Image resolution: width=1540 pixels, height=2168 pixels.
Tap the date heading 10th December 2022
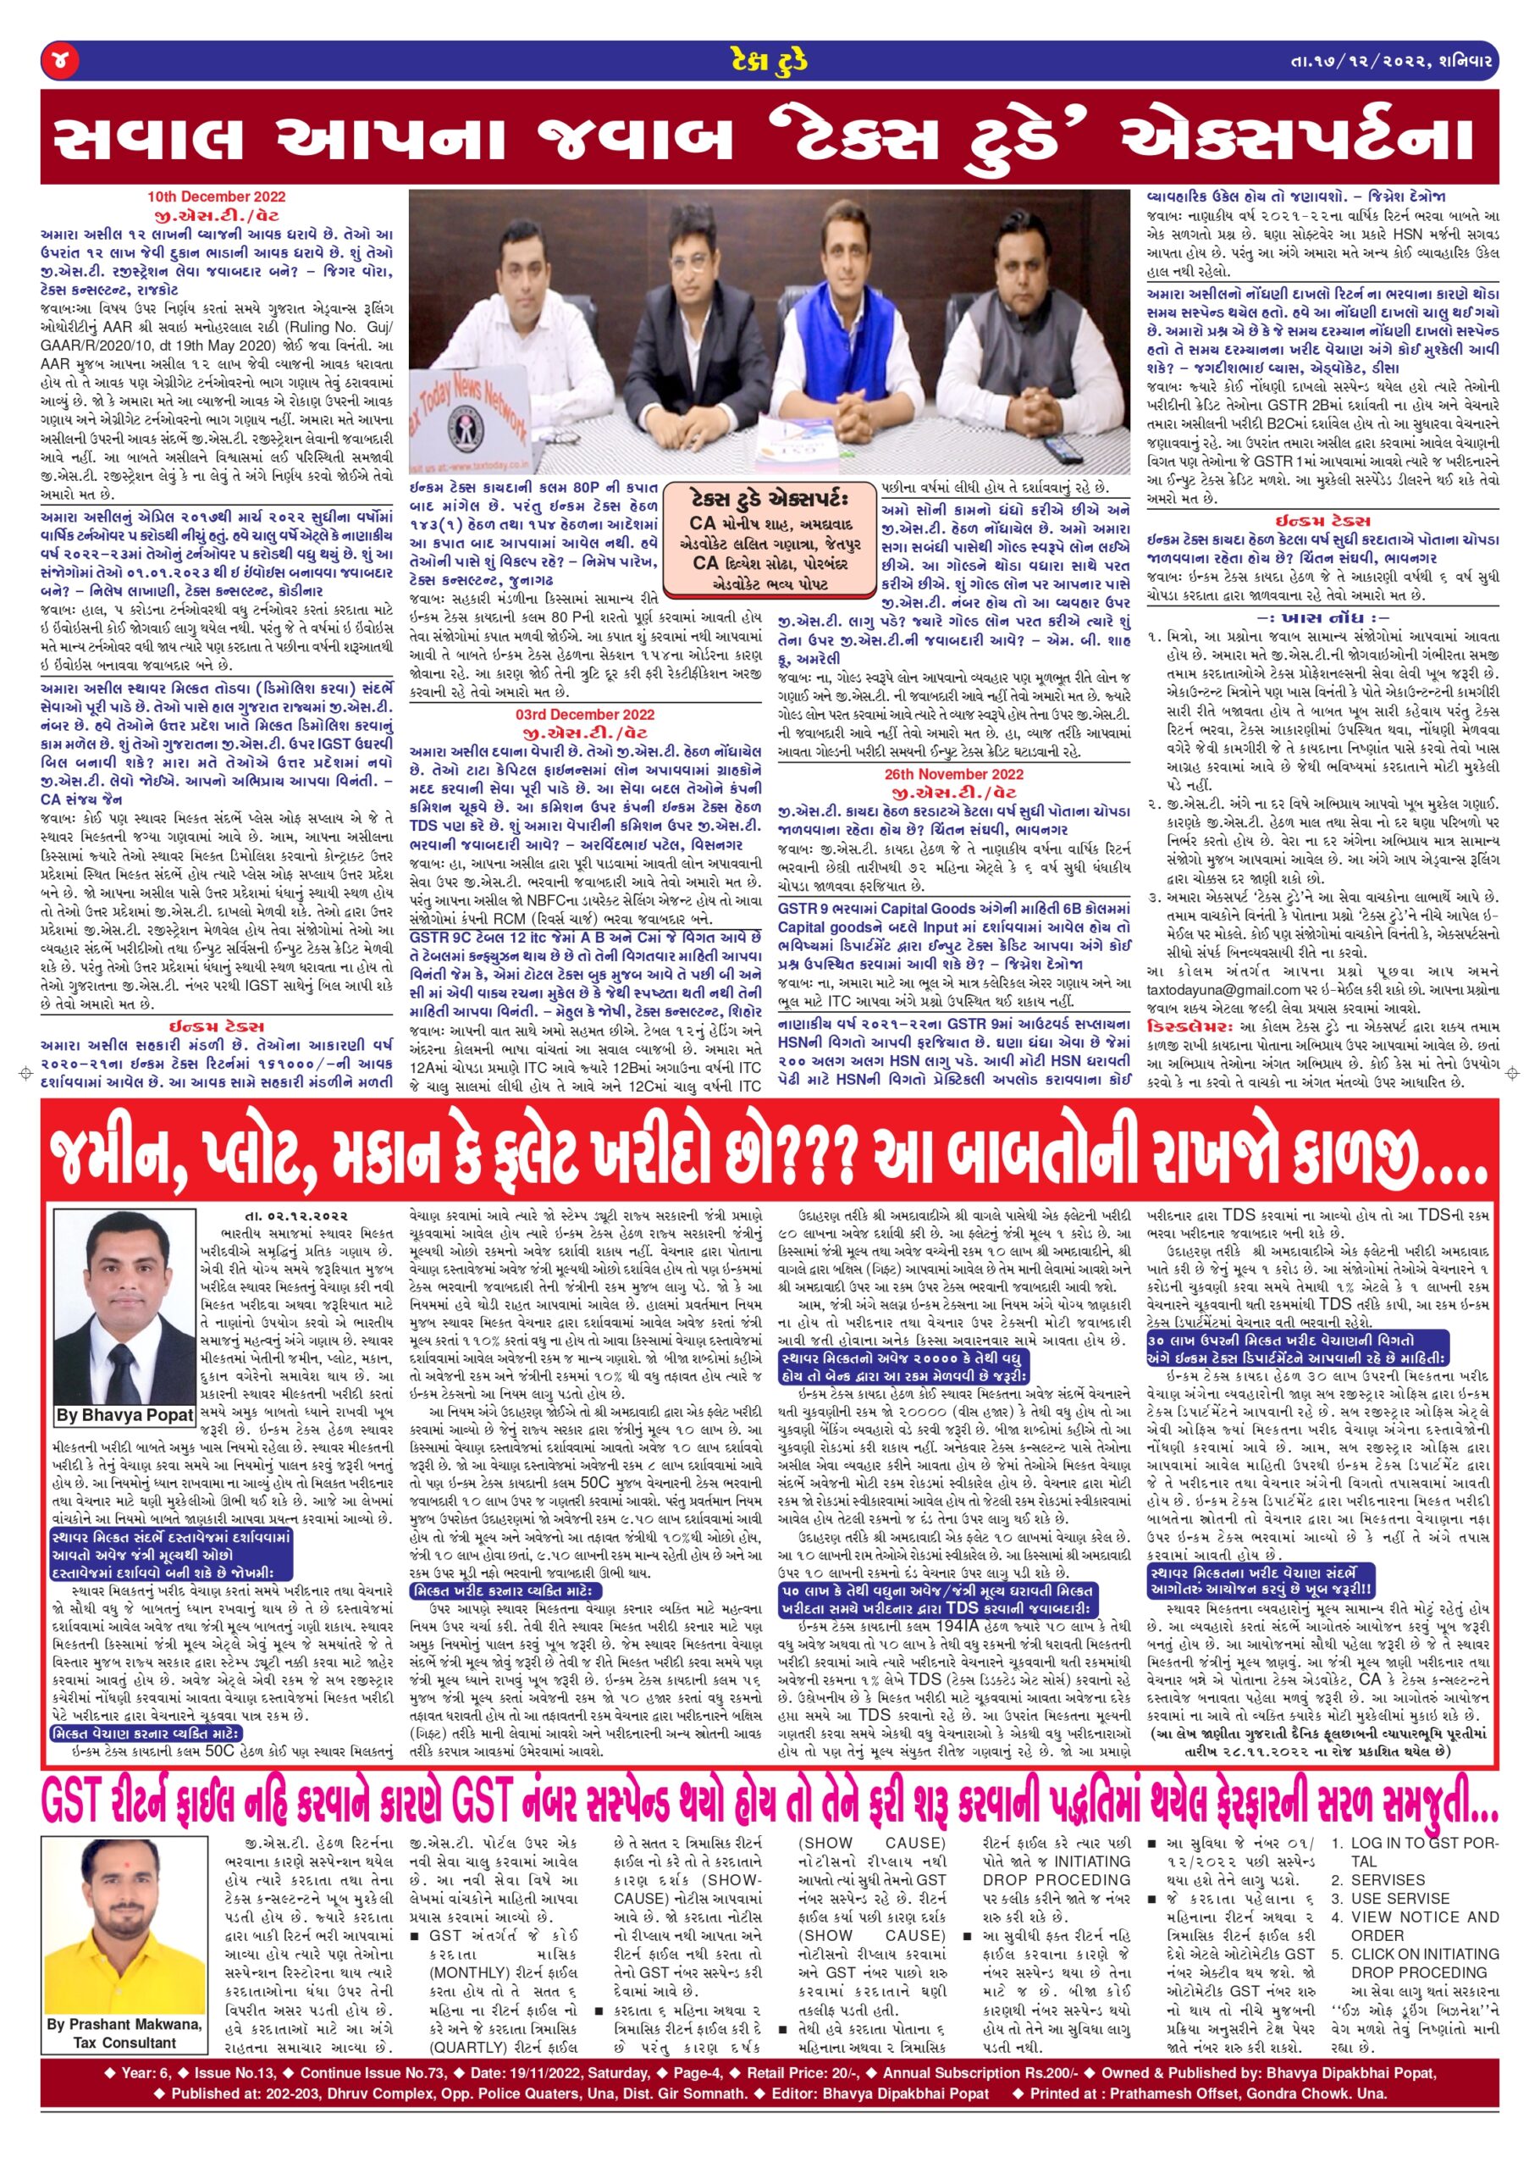(216, 197)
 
